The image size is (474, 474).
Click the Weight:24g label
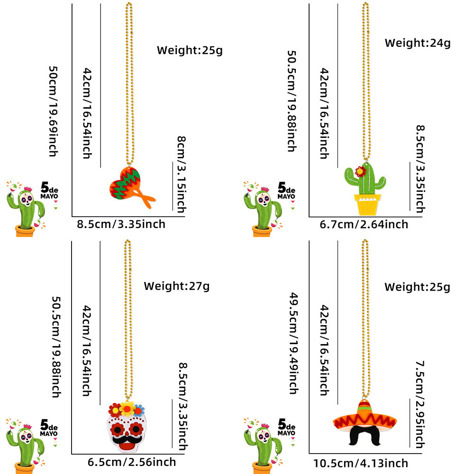tap(417, 43)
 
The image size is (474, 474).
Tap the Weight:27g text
tap(177, 286)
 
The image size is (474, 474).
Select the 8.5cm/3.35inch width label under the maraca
tap(121, 224)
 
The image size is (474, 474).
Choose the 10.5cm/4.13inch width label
tap(360, 463)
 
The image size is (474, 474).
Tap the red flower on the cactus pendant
tap(362, 171)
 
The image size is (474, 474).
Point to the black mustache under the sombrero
tap(365, 434)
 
